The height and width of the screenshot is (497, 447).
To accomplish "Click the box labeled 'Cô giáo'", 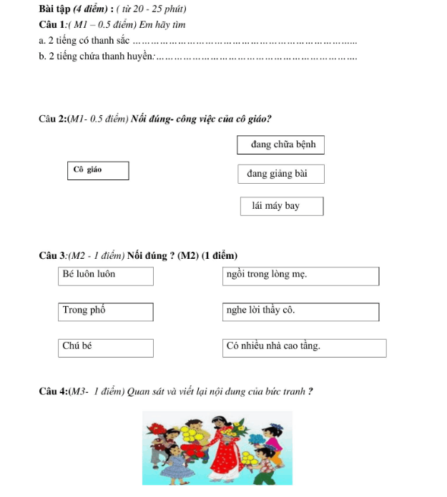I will point(99,170).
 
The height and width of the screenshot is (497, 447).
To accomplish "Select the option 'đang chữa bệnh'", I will point(281,144).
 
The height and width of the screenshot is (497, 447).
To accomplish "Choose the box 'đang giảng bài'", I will point(281,174).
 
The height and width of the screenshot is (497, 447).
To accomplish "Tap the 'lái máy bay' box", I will point(282,206).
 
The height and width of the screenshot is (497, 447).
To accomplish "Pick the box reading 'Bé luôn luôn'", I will point(107,275).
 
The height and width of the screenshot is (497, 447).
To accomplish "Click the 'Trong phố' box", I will point(107,312).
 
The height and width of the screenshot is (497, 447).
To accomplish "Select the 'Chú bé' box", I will point(107,348).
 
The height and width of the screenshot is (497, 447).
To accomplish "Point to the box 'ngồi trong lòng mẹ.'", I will point(301,275).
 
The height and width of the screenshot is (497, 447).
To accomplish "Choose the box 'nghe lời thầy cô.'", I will point(301,312).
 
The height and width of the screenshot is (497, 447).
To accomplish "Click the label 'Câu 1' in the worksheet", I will point(53,24).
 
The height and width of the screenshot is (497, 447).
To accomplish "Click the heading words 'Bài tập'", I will point(56,9).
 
